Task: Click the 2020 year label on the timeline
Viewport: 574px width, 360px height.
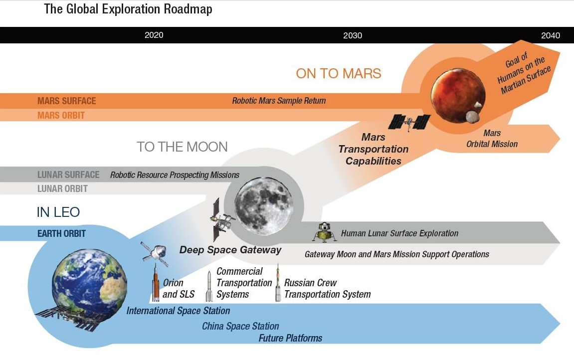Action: (x=154, y=35)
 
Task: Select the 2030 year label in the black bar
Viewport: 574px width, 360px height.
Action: (x=353, y=35)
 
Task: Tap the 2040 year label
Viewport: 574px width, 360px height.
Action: (x=551, y=35)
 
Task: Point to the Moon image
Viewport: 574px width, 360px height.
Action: (x=263, y=203)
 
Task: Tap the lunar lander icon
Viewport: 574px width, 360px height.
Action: (x=325, y=232)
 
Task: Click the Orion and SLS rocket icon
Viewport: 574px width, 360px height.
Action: (x=156, y=286)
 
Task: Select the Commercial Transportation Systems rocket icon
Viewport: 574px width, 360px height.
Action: (x=209, y=287)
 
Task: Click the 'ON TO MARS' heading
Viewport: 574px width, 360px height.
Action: (x=338, y=74)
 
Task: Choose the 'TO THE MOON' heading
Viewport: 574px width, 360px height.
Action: (x=182, y=147)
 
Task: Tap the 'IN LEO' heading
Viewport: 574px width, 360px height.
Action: (x=58, y=212)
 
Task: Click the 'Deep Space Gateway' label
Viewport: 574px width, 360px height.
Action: (x=230, y=250)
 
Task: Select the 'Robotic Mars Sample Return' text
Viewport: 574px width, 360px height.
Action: (x=279, y=101)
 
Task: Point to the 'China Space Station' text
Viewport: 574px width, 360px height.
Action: (x=240, y=326)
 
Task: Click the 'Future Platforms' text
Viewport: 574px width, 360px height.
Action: (x=290, y=338)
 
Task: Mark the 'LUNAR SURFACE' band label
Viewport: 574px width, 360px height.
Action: (x=68, y=175)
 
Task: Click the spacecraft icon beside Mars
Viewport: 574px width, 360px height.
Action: (x=409, y=121)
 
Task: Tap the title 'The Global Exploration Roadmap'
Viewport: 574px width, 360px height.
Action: (x=128, y=9)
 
